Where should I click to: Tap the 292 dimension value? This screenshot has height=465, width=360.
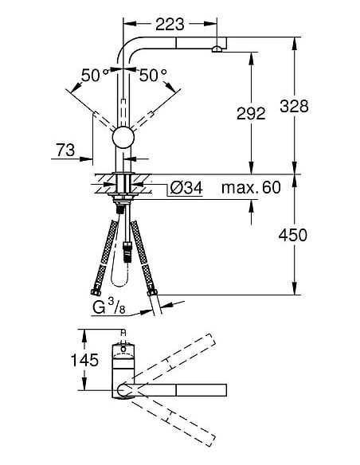tap(252, 114)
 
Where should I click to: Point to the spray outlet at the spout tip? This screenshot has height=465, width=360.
tap(216, 49)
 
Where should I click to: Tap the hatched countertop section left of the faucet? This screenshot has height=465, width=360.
tap(104, 182)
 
